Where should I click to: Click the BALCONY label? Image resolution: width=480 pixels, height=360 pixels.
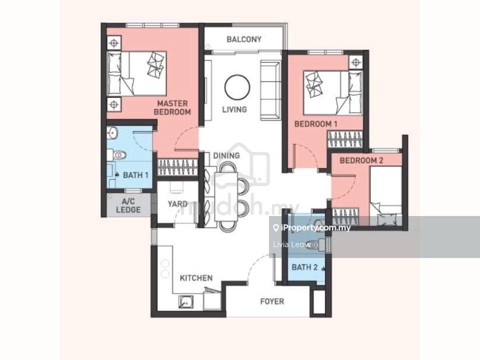click(244, 39)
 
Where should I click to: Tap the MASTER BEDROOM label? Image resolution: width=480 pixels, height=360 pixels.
click(172, 108)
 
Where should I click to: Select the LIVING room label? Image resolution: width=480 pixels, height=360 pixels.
click(234, 109)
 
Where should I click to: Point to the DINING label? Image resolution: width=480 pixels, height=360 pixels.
click(226, 155)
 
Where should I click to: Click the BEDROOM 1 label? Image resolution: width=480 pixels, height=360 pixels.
click(315, 124)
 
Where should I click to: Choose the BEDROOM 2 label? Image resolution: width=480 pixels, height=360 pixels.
click(361, 160)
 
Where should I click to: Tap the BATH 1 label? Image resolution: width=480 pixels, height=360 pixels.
click(135, 175)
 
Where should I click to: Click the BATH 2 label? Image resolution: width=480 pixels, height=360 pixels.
click(304, 267)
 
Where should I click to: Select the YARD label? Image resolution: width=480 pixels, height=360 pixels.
click(177, 204)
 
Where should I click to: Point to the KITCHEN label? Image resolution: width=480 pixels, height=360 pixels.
click(196, 278)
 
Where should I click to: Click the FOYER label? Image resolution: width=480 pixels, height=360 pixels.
click(272, 301)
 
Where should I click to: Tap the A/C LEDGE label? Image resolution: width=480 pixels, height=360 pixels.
click(128, 205)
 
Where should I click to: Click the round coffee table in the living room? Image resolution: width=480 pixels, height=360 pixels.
click(237, 87)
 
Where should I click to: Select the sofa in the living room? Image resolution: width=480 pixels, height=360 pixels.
click(270, 90)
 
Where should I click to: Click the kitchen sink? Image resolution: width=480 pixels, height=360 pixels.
click(186, 302)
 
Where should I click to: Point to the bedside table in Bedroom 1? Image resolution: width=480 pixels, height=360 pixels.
click(355, 63)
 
